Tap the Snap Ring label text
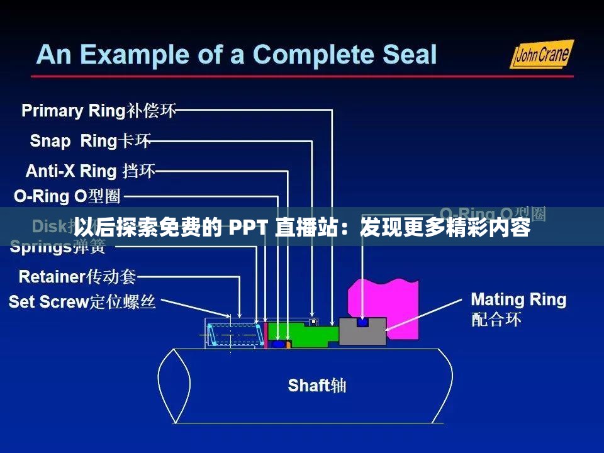click(x=91, y=141)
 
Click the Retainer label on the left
click(x=77, y=276)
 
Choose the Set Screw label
click(x=82, y=303)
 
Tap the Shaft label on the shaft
click(x=316, y=385)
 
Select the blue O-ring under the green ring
click(x=277, y=344)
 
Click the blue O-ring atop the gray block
click(x=362, y=323)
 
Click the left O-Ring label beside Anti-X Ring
click(x=67, y=197)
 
